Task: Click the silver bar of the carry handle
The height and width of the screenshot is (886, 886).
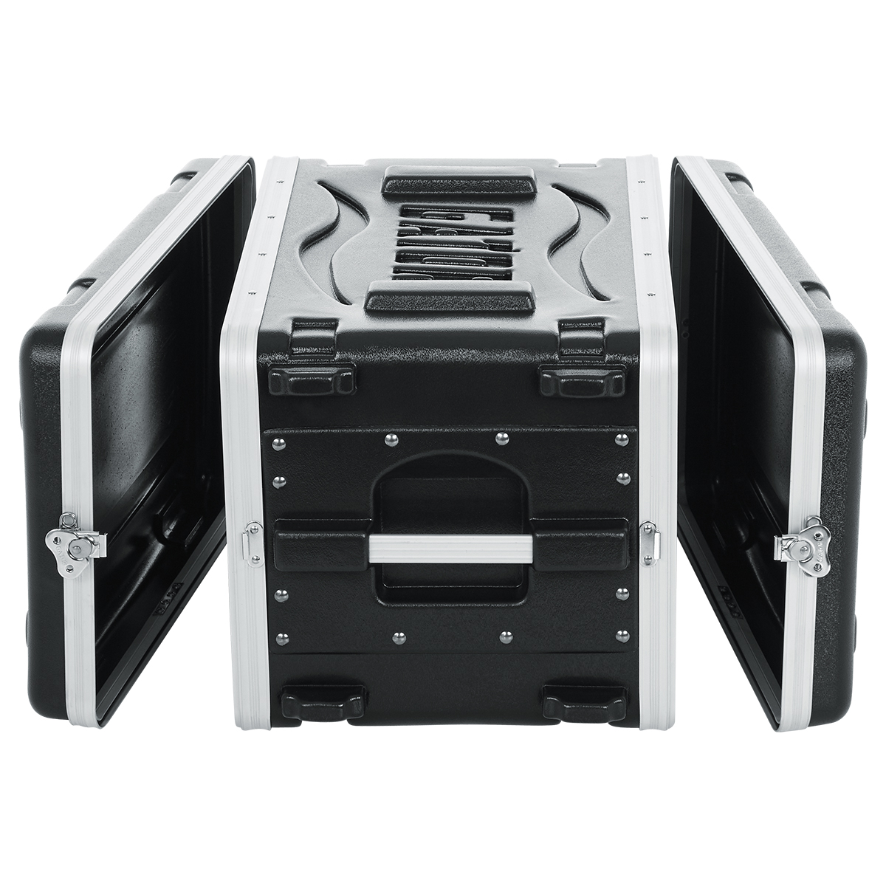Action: coord(443,549)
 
